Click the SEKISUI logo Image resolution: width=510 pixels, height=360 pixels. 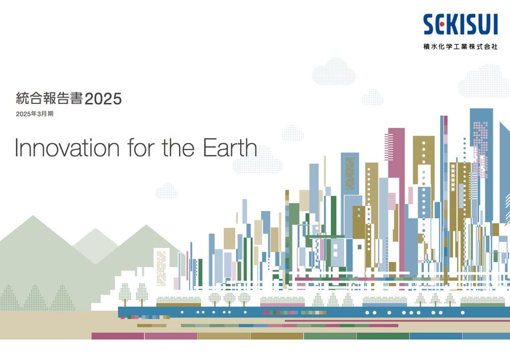tap(461, 24)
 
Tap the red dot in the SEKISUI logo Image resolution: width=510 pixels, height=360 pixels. tap(442, 24)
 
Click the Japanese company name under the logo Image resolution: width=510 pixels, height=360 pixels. tap(461, 46)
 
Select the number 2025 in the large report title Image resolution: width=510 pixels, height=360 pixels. tap(103, 99)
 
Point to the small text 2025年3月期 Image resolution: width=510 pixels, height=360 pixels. tap(35, 114)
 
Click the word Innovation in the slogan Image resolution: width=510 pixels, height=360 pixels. tap(67, 148)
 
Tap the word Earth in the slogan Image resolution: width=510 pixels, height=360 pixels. tap(230, 147)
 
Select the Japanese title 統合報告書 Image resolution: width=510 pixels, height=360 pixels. tap(49, 98)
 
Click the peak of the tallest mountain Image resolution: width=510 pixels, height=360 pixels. tap(33, 215)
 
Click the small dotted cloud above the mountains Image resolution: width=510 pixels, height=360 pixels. tap(167, 191)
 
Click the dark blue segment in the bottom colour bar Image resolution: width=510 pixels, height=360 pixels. tap(436, 336)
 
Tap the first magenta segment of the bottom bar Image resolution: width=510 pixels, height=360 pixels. tap(118, 336)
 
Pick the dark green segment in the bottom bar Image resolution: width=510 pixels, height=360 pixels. tap(383, 336)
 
